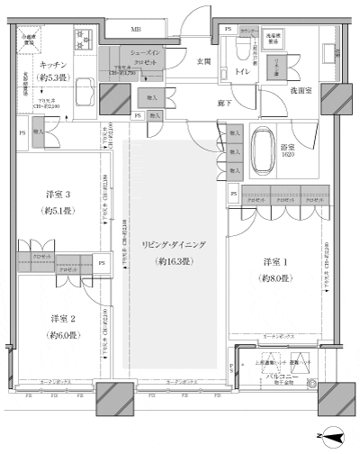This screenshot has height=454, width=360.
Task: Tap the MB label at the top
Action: (136, 30)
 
